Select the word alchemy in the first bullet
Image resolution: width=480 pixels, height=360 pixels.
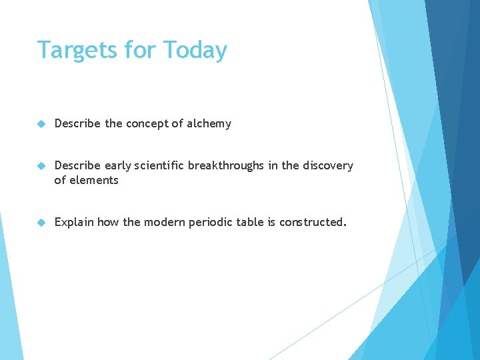click(x=209, y=123)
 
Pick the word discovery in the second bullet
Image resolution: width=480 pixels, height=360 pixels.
click(x=327, y=165)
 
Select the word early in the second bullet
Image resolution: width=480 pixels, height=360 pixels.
click(x=117, y=165)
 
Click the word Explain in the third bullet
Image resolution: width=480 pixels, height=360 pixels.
click(x=74, y=222)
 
